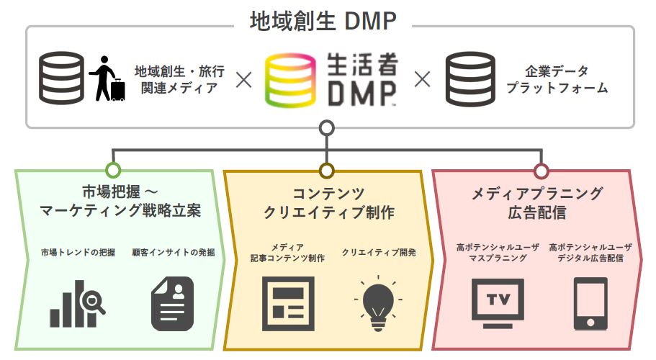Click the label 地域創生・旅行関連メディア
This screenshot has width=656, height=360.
[x=179, y=80]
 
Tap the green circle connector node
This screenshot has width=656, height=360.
[x=112, y=171]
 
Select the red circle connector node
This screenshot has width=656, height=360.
[x=542, y=171]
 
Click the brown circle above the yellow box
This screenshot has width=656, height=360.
[x=327, y=171]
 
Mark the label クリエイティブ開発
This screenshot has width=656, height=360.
[x=379, y=253]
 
